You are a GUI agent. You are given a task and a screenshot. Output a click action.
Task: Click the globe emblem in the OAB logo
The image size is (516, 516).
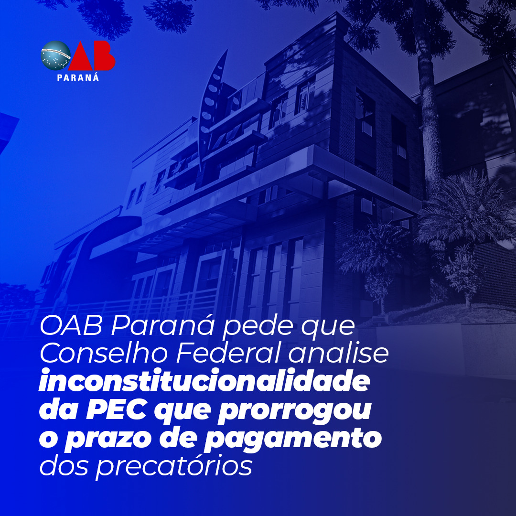pos(55,55)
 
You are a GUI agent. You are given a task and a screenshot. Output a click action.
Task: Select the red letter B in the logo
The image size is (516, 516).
pos(104,55)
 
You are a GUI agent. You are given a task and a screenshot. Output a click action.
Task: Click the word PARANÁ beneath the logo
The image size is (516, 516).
pos(78,78)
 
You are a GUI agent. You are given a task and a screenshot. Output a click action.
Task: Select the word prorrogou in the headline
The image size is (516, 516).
pos(294,412)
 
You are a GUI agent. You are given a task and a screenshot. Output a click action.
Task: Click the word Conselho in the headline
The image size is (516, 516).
pos(104,354)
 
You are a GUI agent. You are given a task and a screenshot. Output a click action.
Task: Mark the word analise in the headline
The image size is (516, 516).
pos(339,354)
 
